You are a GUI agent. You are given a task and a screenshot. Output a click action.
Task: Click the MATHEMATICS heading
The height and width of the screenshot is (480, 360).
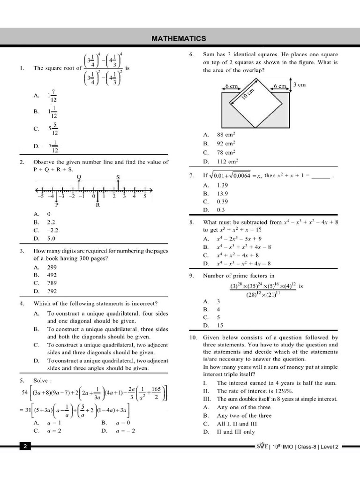coord(179,38)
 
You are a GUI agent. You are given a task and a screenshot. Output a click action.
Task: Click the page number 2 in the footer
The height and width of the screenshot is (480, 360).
coord(25,447)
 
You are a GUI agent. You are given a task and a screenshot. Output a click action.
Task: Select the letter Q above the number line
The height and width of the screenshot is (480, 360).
coord(78,176)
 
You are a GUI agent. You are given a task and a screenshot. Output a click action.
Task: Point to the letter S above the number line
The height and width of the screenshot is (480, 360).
coord(118,176)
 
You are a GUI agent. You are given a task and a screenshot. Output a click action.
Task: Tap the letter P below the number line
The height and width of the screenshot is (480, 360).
coord(57,205)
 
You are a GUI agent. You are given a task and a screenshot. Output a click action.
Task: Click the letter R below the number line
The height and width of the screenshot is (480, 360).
coord(97,205)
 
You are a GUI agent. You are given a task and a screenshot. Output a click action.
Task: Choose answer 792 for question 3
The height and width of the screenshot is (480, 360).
coord(52,291)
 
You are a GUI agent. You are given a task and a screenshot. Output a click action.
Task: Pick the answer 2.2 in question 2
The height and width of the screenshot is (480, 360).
coord(51,222)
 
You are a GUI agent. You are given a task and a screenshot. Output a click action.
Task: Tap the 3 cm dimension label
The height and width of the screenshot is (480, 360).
coord(299,85)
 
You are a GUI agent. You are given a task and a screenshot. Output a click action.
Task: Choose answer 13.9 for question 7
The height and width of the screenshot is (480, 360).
coord(222,193)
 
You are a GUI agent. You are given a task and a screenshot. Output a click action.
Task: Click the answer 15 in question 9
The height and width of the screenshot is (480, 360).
coord(220,325)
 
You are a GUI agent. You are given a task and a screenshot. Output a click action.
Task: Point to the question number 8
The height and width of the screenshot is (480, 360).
coord(192,222)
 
